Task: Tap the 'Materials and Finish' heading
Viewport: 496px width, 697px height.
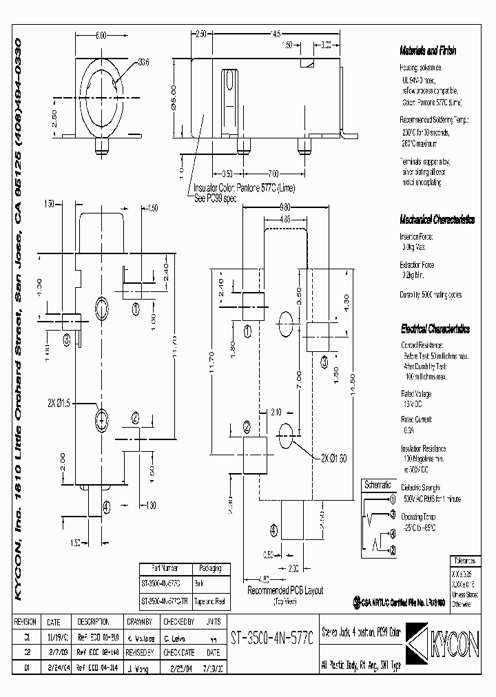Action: [x=427, y=51]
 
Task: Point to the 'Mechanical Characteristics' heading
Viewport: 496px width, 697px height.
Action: [x=437, y=220]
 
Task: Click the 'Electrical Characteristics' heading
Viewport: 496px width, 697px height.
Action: [x=435, y=329]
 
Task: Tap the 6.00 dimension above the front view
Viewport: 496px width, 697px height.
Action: [x=101, y=35]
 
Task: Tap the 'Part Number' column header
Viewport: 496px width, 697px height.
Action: [x=159, y=568]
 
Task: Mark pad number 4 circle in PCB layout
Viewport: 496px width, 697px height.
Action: [x=276, y=530]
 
